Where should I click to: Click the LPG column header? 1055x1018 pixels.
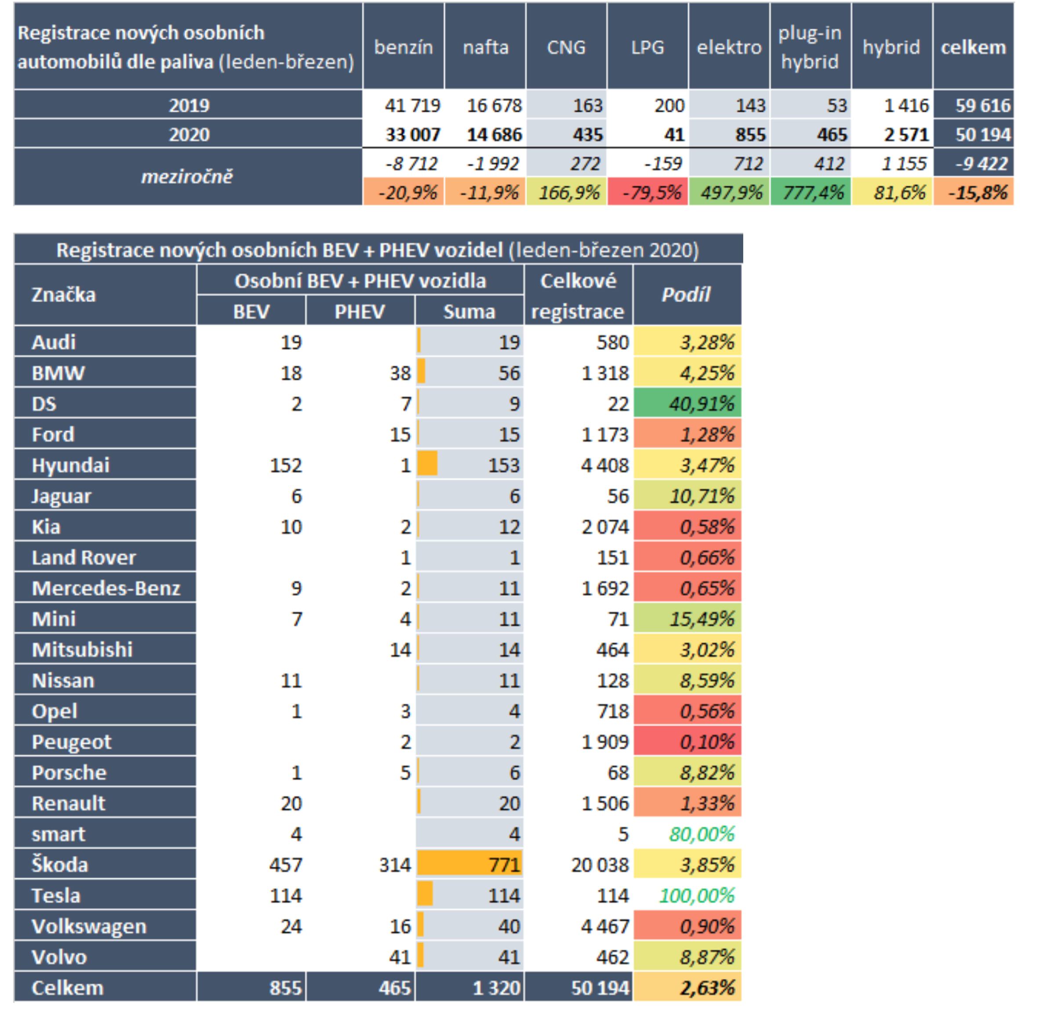pyautogui.click(x=648, y=47)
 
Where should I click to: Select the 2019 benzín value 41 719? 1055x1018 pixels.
pyautogui.click(x=412, y=105)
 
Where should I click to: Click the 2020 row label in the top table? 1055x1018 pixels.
pyautogui.click(x=189, y=134)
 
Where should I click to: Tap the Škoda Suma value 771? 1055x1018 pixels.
pyautogui.click(x=504, y=865)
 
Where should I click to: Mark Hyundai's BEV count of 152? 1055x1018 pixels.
pyautogui.click(x=286, y=465)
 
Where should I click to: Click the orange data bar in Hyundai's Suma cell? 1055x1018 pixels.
pyautogui.click(x=427, y=464)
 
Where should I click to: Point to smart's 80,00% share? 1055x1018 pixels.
pyautogui.click(x=702, y=834)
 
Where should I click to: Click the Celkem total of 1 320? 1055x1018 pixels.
pyautogui.click(x=496, y=988)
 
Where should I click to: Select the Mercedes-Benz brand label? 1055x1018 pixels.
pyautogui.click(x=106, y=588)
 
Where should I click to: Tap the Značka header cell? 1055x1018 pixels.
pyautogui.click(x=63, y=295)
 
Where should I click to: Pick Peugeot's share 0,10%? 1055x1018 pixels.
pyautogui.click(x=707, y=742)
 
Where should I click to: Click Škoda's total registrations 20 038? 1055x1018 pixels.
pyautogui.click(x=600, y=865)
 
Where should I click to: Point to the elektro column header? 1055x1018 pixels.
pyautogui.click(x=729, y=47)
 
